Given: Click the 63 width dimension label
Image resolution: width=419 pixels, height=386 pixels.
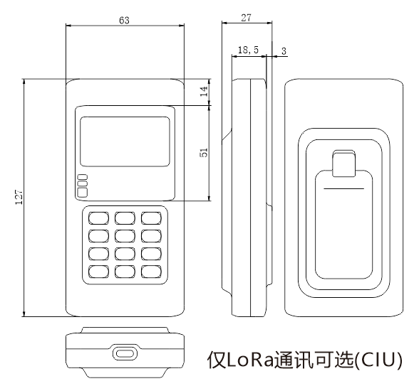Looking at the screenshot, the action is point(124,20).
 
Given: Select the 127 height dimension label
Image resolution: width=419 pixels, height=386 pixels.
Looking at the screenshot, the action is point(19,197).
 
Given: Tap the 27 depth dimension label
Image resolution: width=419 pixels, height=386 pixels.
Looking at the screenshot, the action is point(246,18).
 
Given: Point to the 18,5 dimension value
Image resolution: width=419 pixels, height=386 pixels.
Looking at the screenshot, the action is point(248,50).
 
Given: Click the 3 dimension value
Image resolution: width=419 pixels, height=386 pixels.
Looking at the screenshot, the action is point(284,51).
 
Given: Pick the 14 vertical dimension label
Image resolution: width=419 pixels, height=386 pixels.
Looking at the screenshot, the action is point(204,92).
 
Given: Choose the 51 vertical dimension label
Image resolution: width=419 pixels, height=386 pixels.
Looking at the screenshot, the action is point(204,152).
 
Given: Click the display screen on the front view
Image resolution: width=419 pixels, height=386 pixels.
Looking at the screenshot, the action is point(125,141).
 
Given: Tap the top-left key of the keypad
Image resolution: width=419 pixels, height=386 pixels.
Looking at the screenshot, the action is point(98,218).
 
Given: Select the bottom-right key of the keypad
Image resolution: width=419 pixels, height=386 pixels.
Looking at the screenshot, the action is point(151,272).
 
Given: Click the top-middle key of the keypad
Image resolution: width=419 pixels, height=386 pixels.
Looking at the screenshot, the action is point(125,218).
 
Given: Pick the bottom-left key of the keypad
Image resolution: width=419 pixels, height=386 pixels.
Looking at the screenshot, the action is point(98,272).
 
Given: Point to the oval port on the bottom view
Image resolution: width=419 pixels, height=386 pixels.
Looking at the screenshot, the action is point(125,354).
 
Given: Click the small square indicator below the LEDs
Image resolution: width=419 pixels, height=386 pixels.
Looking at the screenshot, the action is point(82,193).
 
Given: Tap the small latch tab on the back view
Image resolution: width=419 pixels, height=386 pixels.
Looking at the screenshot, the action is point(344,163).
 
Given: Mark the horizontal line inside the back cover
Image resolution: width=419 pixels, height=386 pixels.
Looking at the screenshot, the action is point(344,189).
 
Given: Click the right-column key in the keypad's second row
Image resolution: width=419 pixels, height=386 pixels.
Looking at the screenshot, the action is point(151,236).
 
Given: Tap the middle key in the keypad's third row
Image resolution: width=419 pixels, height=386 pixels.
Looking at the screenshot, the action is point(125,254).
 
